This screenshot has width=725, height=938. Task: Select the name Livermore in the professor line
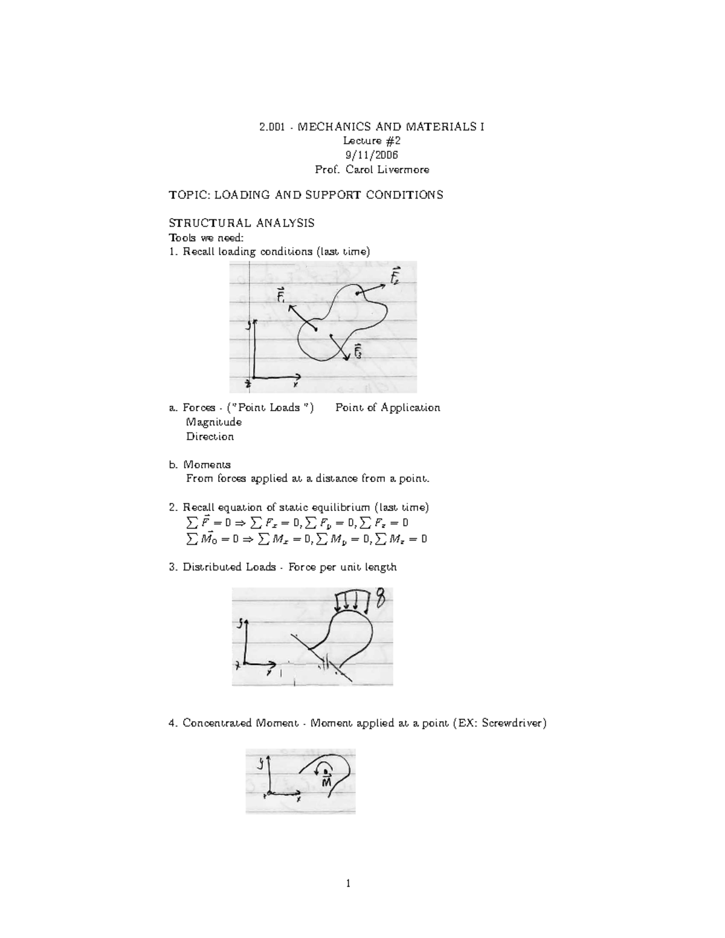click(x=405, y=170)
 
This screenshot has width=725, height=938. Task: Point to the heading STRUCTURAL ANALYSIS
click(x=242, y=223)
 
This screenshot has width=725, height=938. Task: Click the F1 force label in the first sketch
click(x=282, y=297)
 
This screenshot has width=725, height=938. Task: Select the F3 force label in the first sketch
click(x=358, y=351)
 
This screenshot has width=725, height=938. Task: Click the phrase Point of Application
click(x=387, y=408)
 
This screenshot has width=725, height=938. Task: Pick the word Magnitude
click(x=214, y=422)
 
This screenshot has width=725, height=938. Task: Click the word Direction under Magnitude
click(x=210, y=437)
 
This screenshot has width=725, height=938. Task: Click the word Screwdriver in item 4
click(x=512, y=723)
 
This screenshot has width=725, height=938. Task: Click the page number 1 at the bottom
click(x=348, y=885)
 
